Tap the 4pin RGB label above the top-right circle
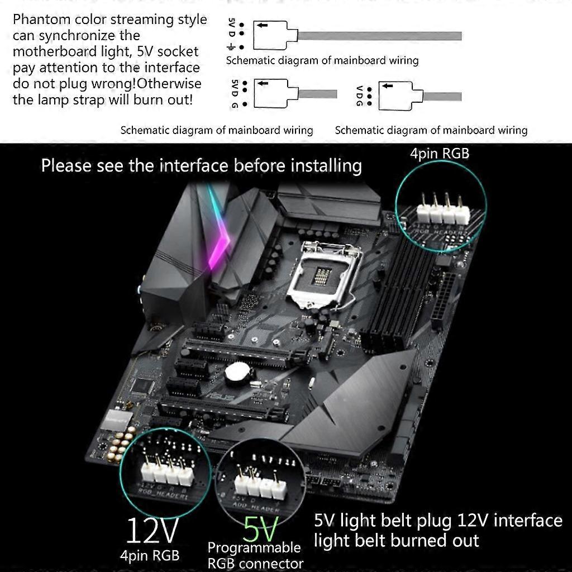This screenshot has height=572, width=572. (440, 152)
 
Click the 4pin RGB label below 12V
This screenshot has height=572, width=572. (150, 555)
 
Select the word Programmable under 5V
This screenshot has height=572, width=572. (254, 547)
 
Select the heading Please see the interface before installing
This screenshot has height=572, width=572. (201, 165)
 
